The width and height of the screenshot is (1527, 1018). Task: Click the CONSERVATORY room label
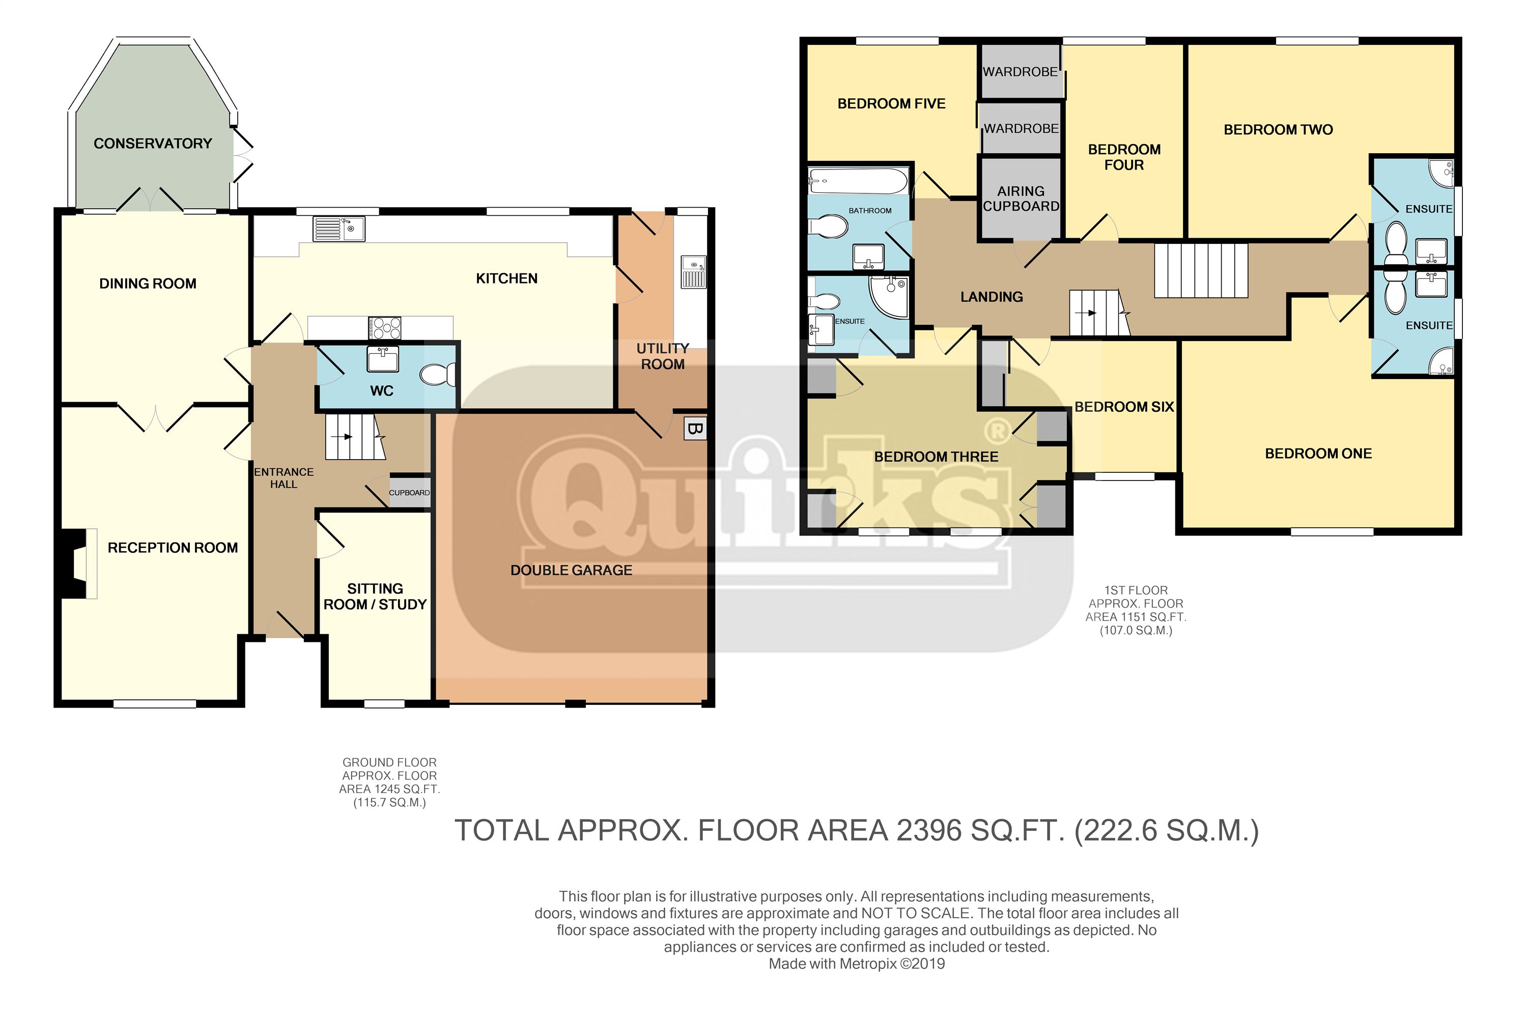coord(153,144)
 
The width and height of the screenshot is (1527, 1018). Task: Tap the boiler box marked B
coord(695,429)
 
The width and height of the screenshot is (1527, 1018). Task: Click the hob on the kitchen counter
coord(384,328)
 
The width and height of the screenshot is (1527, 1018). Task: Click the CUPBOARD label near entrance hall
coord(409,493)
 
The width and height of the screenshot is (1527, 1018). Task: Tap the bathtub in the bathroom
coord(858,181)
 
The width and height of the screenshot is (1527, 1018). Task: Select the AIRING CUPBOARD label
coord(1021,199)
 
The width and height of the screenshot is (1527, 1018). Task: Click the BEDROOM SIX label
coord(1124,407)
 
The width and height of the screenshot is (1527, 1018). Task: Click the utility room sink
coord(693,271)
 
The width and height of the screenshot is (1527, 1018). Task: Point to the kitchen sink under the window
coord(339,229)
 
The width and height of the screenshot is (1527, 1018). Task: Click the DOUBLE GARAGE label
coord(571,570)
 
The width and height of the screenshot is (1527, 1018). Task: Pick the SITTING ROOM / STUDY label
coord(375,597)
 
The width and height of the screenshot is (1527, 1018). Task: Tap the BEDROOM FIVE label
coord(891,104)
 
